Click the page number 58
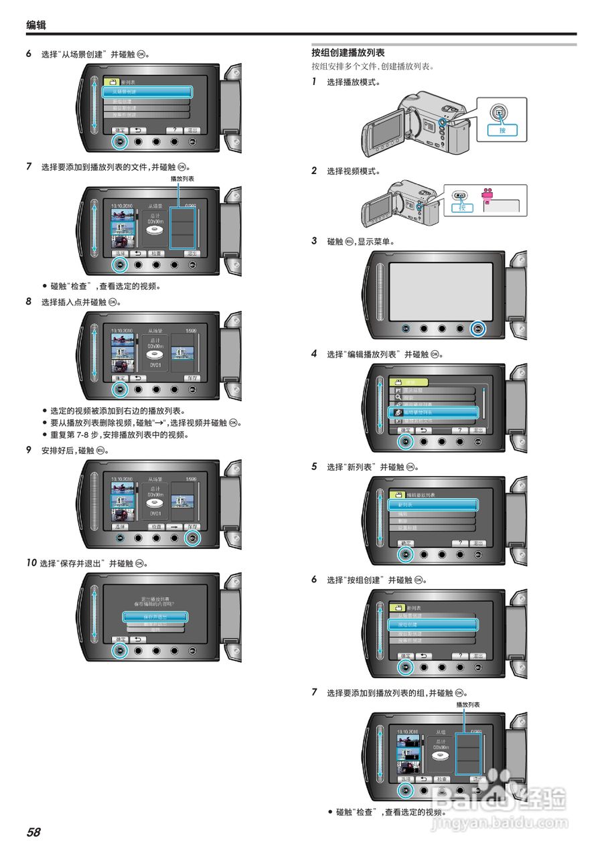33,832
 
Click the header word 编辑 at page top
36,25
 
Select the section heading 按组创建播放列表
348,52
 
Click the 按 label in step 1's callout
502,130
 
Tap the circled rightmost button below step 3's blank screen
477,329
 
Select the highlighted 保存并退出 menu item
155,616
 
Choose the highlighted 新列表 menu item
432,505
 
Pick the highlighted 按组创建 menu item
432,624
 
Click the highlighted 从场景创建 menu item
147,92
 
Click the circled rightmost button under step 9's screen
193,538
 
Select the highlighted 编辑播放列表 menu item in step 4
432,412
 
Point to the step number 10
31,563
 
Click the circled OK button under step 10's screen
119,649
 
